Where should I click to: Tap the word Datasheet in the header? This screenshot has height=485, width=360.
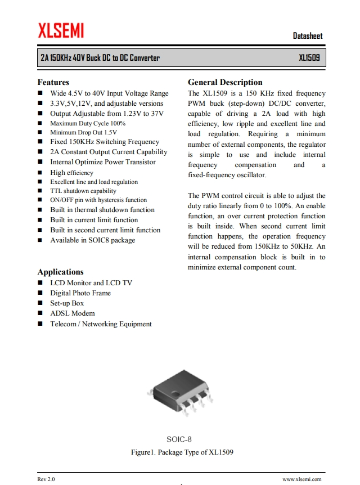308,36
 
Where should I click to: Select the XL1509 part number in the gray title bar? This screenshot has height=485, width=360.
309,58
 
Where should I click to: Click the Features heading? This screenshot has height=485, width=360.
53,82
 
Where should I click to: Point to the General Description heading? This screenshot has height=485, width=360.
225,82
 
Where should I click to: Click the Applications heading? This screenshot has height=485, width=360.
60,272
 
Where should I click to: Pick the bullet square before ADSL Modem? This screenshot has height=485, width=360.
40,313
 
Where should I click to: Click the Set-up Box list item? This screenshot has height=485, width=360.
67,303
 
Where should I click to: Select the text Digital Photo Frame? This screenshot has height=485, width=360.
80,293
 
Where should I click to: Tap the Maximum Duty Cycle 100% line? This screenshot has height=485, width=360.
88,123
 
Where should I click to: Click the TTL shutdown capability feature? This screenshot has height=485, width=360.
83,191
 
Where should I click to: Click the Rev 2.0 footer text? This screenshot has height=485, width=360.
46,479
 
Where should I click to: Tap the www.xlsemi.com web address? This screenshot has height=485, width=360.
301,479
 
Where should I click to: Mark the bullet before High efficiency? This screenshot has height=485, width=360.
40,173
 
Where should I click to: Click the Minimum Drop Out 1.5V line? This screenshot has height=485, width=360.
83,132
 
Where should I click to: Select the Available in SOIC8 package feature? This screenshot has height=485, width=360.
93,240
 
